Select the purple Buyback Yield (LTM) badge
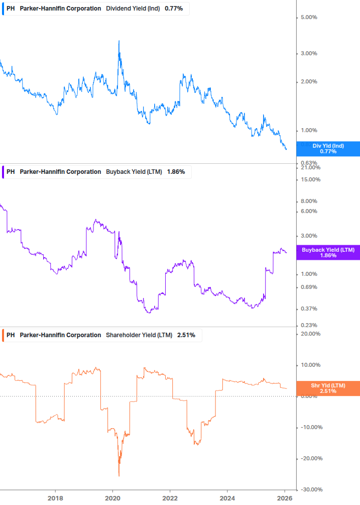pyautogui.click(x=328, y=252)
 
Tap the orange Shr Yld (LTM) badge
pyautogui.click(x=328, y=388)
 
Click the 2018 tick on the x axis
pyautogui.click(x=55, y=498)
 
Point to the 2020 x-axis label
pyautogui.click(x=112, y=498)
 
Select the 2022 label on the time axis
pyautogui.click(x=170, y=498)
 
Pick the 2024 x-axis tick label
pyautogui.click(x=227, y=498)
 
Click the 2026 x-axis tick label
pyautogui.click(x=285, y=498)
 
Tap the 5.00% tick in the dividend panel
pyautogui.click(x=309, y=18)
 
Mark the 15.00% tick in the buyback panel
pyautogui.click(x=309, y=180)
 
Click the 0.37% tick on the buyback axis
pyautogui.click(x=309, y=309)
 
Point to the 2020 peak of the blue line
pyautogui.click(x=119, y=41)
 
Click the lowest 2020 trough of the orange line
pyautogui.click(x=119, y=475)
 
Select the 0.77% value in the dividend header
pyautogui.click(x=174, y=9)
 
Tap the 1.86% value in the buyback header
pyautogui.click(x=176, y=172)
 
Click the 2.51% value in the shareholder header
pyautogui.click(x=186, y=335)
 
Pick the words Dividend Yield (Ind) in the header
pyautogui.click(x=133, y=9)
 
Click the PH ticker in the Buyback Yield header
pyautogui.click(x=11, y=172)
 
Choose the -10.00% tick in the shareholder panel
pyautogui.click(x=309, y=428)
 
